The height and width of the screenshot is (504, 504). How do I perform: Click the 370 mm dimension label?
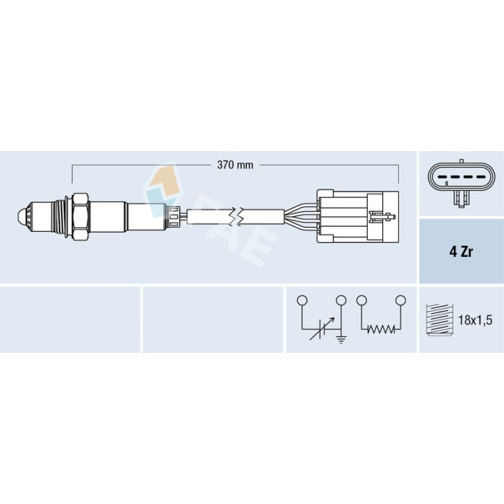235,165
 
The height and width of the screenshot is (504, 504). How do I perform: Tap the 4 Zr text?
461,252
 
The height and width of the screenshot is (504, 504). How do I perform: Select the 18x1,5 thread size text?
475,320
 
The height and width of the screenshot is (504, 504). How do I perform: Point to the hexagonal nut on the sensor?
81,217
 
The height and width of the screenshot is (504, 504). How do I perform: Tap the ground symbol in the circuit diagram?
341,339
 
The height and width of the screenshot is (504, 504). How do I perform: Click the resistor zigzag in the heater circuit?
381,329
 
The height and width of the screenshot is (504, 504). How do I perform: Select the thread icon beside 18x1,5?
439,319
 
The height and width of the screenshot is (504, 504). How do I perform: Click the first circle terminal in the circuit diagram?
302,300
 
